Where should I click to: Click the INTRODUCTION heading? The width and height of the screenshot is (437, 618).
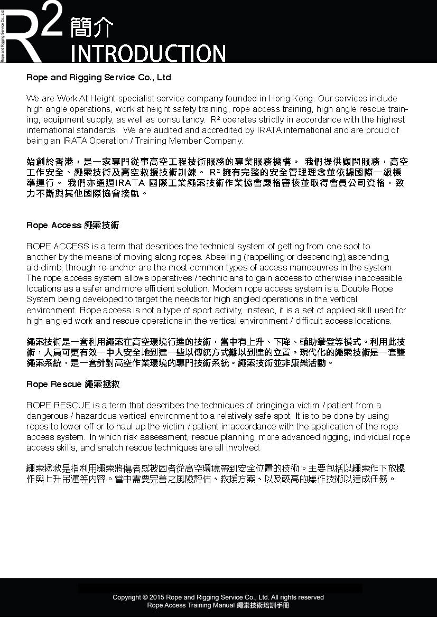coord(148,53)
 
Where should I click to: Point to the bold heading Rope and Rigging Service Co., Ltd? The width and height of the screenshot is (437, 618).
coord(99,77)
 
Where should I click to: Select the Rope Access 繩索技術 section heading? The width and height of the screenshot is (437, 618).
coord(73,226)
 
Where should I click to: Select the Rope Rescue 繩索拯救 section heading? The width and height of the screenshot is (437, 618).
coord(73,384)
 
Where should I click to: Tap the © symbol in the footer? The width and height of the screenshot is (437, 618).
coord(145,597)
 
